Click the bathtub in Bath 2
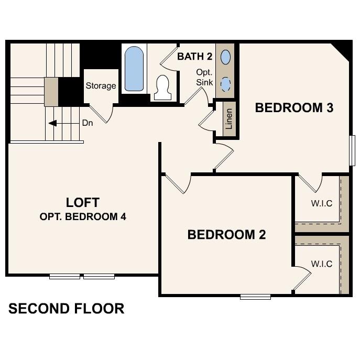(x=134, y=69)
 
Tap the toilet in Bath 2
(x=162, y=87)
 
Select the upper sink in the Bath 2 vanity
(x=225, y=57)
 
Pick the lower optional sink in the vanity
(x=225, y=83)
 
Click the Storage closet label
(x=101, y=86)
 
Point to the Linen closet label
(x=228, y=119)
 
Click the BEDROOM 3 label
(x=294, y=108)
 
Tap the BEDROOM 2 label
(x=226, y=234)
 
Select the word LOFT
(x=83, y=202)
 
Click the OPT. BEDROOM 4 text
(x=83, y=216)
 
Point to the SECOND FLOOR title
(x=66, y=308)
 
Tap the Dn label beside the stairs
(x=88, y=124)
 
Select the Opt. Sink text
(x=204, y=77)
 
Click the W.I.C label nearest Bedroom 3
(x=321, y=203)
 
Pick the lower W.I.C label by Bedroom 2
(x=321, y=264)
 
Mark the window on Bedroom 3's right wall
(x=352, y=151)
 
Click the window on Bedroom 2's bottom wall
(x=255, y=297)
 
